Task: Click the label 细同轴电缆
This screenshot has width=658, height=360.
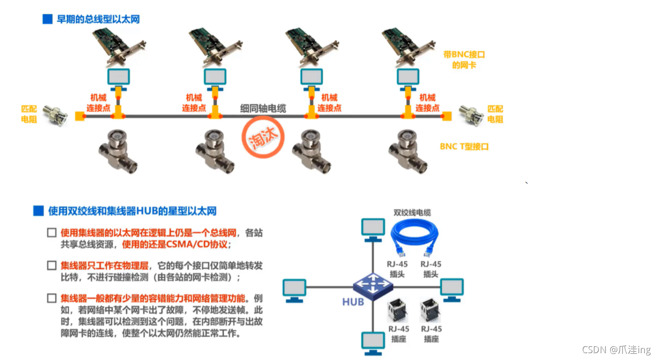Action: [x=263, y=109]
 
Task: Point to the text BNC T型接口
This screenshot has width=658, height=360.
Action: [x=464, y=146]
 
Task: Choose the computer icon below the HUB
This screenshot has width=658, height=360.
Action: [x=373, y=342]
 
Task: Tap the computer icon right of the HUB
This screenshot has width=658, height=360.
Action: [x=452, y=289]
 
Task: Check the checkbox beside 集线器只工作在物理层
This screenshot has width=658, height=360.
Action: [x=52, y=266]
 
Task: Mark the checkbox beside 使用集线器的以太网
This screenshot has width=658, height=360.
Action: [x=52, y=232]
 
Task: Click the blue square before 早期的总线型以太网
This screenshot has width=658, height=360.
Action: [x=48, y=19]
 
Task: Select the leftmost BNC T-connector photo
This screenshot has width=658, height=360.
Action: [x=118, y=152]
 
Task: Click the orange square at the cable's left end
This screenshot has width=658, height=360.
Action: [x=78, y=116]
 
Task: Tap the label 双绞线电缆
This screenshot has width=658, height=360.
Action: [x=412, y=212]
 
